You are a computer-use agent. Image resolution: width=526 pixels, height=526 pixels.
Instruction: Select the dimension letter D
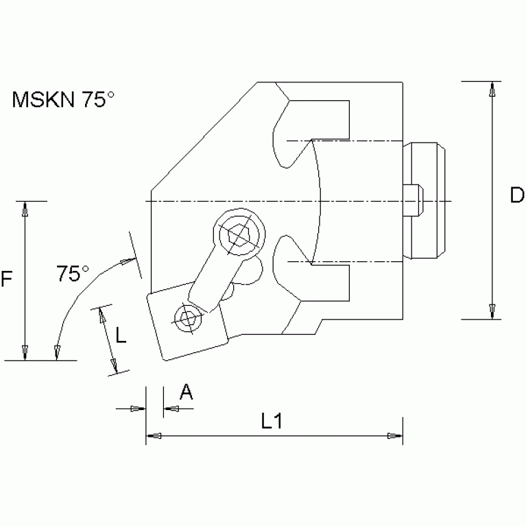[516, 196]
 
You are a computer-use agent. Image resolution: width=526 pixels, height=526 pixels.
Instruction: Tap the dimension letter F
[8, 279]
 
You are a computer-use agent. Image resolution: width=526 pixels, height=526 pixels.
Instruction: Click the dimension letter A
[185, 392]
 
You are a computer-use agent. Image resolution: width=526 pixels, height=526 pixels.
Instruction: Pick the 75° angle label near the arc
[73, 274]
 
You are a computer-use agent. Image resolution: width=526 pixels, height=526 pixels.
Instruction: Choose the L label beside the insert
[121, 335]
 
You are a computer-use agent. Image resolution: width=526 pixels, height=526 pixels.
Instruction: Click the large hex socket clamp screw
[239, 235]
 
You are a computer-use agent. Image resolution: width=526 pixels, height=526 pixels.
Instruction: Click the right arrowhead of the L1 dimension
[394, 435]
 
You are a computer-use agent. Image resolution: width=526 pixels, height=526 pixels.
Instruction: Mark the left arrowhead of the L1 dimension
[154, 435]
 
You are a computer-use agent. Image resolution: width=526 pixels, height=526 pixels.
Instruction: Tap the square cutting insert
[185, 322]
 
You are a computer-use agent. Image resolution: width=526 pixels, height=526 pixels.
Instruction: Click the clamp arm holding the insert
[213, 278]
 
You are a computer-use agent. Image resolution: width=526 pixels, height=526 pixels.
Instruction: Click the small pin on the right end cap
[414, 200]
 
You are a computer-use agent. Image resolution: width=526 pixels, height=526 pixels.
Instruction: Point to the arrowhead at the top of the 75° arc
[128, 261]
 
